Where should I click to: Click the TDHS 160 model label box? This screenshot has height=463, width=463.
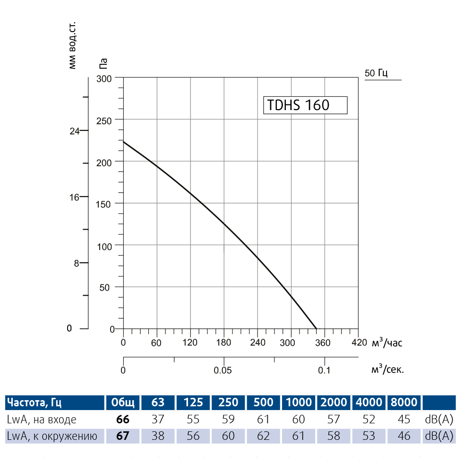point(305,105)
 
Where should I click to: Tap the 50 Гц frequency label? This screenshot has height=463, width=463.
point(376,73)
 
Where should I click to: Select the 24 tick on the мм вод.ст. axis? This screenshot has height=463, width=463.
point(75,131)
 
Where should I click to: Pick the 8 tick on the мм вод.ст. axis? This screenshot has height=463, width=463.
point(77,264)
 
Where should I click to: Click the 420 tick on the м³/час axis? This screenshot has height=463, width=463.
point(358,343)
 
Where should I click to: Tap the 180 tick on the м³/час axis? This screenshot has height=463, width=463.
point(223,343)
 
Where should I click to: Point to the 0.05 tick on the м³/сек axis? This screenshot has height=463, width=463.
point(223,370)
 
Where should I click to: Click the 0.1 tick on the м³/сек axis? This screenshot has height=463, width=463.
point(324,370)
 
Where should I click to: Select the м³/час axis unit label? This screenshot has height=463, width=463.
point(387,343)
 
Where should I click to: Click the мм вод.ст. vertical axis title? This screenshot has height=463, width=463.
point(72,45)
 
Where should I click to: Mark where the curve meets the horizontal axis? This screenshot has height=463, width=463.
point(316,329)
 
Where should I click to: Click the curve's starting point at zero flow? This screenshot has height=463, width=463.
point(123,142)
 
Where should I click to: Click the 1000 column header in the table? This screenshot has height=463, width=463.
point(299,403)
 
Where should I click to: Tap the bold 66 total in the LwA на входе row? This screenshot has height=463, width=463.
point(123,419)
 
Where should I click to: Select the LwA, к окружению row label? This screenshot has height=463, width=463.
point(52,436)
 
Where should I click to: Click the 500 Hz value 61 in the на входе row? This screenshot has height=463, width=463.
point(263,419)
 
